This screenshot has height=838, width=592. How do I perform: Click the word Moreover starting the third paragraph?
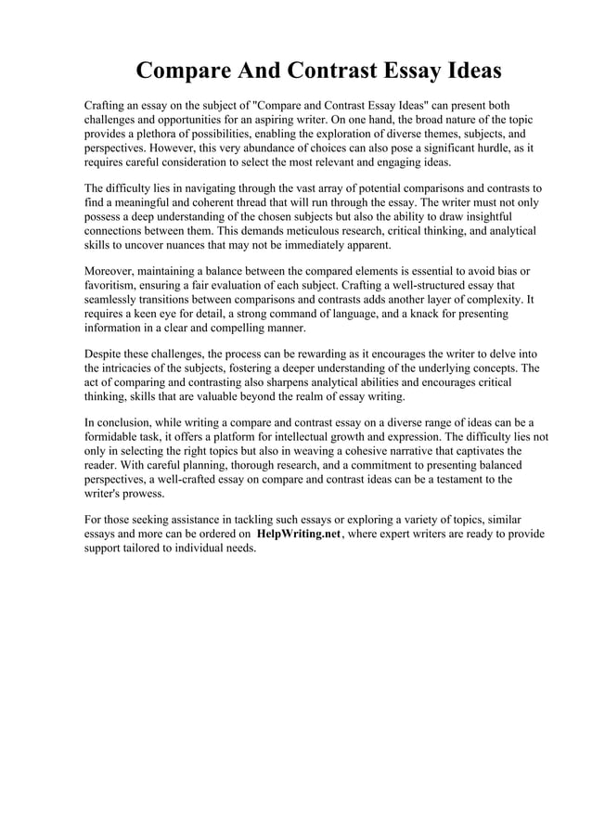click(x=112, y=272)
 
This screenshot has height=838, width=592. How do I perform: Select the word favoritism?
click(x=115, y=286)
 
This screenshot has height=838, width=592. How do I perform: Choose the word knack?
click(x=415, y=314)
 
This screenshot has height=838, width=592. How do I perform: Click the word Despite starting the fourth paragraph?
click(x=106, y=355)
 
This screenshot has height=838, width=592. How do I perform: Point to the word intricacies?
click(x=136, y=368)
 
